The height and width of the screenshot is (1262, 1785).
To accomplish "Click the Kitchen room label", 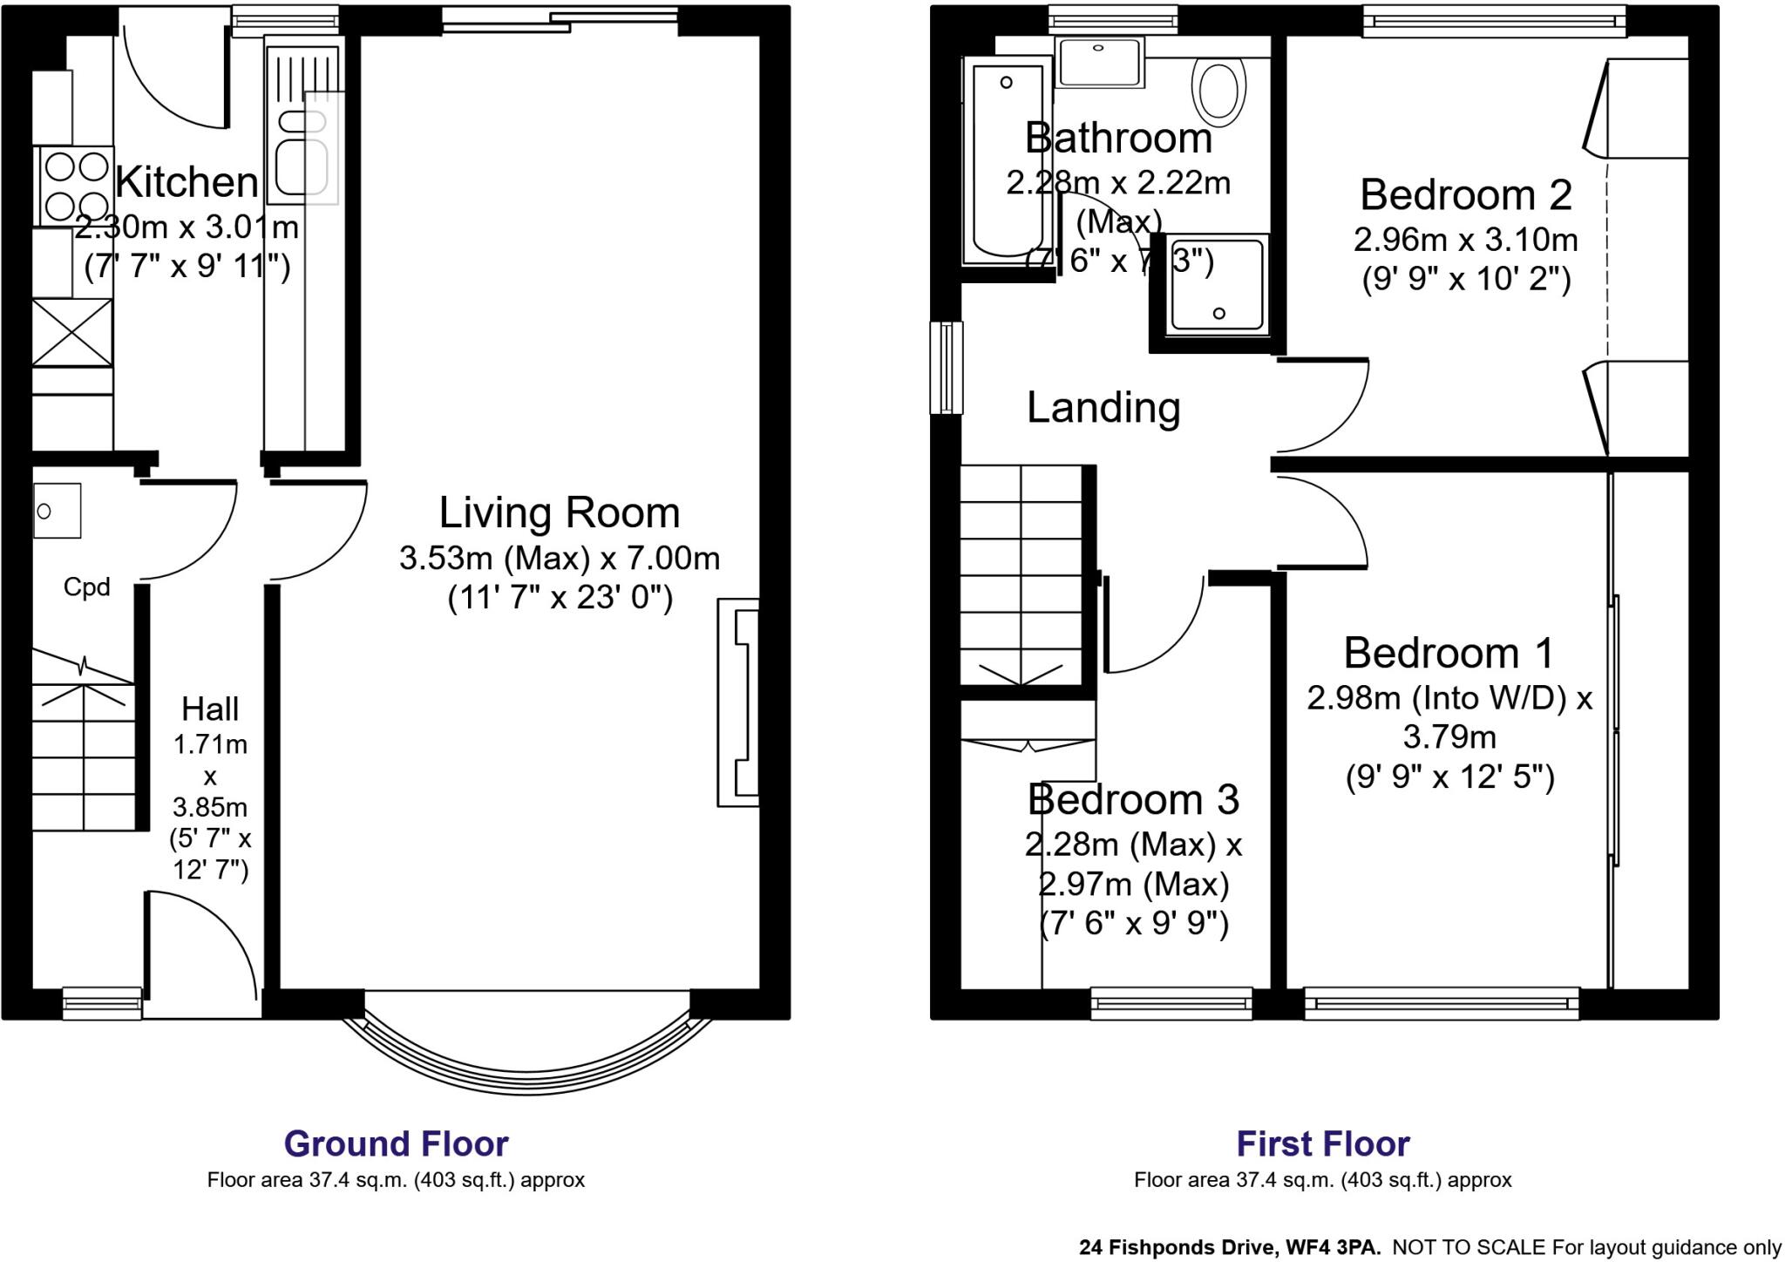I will point(187,182).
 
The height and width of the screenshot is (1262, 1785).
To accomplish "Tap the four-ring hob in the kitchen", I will point(74,187).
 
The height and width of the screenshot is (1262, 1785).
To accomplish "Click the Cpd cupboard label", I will point(86,587).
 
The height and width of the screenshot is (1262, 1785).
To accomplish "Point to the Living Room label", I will point(559,512).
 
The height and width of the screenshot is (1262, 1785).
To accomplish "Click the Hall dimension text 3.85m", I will point(209,807).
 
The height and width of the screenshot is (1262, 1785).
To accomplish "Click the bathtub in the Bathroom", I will point(1007,161).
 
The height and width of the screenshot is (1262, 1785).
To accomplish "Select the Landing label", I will point(1103,408).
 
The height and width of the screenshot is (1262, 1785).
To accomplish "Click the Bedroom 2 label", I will point(1465,194).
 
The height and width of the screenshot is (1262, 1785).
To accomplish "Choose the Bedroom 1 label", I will point(1449,653).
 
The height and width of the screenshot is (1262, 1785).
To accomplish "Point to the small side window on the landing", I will point(946,367).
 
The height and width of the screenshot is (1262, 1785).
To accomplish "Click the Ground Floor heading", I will point(396,1143).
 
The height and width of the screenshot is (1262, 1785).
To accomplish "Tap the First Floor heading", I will point(1322,1143).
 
